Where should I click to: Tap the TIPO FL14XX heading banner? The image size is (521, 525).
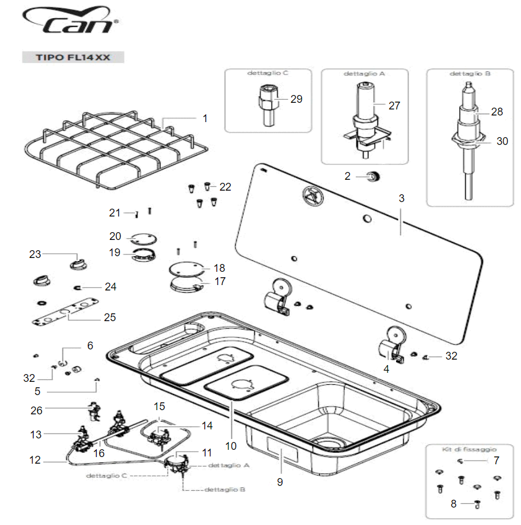tap(73, 58)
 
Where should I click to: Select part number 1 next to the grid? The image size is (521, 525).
tap(205, 118)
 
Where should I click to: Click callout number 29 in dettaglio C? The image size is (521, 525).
tap(296, 99)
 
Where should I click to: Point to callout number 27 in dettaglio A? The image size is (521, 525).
tap(394, 105)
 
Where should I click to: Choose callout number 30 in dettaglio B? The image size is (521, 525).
tap(502, 141)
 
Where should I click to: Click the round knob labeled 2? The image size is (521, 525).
tap(373, 176)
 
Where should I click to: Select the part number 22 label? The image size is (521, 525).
tap(225, 187)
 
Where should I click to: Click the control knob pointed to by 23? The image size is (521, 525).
tap(78, 263)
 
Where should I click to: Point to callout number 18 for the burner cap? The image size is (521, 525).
tap(219, 267)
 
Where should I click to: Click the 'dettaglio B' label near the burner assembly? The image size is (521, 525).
tap(224, 489)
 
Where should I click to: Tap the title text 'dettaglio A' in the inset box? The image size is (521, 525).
tap(364, 73)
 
